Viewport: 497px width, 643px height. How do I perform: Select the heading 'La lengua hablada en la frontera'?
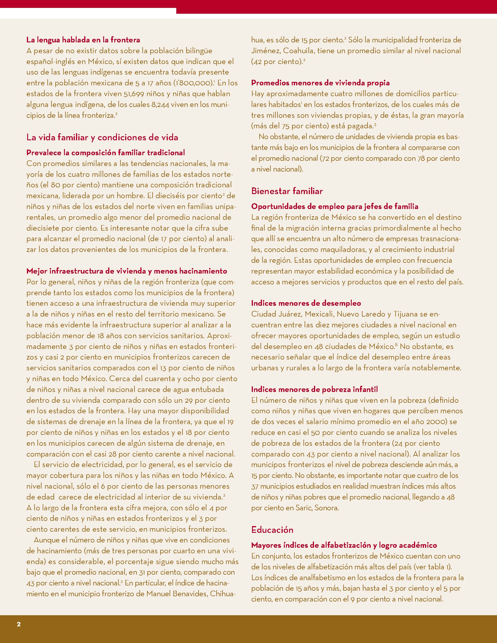83,40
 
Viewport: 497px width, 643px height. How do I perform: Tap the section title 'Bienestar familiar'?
287,191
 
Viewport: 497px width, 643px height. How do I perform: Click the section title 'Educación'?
272,530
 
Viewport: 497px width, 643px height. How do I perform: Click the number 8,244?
160,105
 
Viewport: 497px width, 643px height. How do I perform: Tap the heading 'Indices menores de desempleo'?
306,303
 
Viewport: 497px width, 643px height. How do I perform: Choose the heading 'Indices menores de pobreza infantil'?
314,389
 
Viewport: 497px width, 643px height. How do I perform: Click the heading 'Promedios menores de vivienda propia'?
320,83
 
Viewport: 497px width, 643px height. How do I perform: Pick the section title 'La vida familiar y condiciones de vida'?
102,137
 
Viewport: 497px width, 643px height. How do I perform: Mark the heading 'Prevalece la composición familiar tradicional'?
106,153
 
